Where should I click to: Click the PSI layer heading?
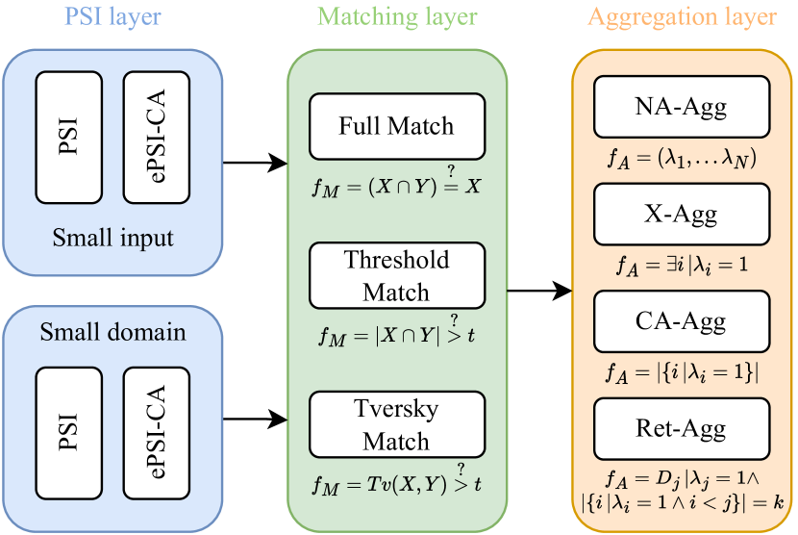pos(112,17)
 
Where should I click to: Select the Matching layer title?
pos(397,17)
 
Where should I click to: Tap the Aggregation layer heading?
pos(683,17)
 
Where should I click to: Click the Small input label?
pos(113,237)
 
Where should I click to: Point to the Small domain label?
pos(113,334)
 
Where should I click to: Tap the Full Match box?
pos(396,126)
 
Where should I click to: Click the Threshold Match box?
pos(396,275)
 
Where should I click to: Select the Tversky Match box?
pos(396,425)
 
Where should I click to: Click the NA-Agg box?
pos(683,106)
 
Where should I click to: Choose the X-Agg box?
pos(683,215)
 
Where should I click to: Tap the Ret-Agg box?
pos(683,429)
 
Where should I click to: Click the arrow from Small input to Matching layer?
pos(255,163)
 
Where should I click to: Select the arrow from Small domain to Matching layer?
pos(255,419)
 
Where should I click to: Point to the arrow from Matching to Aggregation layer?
pos(539,290)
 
